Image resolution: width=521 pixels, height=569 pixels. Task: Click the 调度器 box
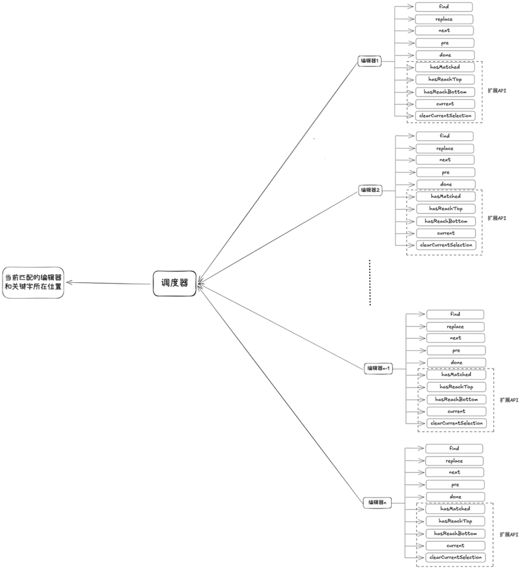pos(174,283)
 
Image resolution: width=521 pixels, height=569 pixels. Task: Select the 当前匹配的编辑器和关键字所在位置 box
pos(33,283)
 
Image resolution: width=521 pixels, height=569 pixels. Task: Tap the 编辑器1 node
pos(370,61)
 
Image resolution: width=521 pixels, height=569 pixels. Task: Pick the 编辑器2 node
pos(370,190)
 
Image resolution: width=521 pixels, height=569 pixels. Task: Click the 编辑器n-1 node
pos(378,368)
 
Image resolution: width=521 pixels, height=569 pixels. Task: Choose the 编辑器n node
pos(378,503)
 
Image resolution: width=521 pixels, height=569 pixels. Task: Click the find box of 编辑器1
pos(444,7)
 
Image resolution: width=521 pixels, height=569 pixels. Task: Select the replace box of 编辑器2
pos(445,148)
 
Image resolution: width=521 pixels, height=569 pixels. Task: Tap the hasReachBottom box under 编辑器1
pos(445,92)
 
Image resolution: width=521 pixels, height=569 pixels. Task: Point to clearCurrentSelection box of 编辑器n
pos(455,557)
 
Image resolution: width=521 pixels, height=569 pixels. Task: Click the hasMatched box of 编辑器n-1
pos(456,375)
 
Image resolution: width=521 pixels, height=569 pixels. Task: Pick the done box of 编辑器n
pos(455,497)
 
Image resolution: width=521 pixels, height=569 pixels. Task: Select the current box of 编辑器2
pos(446,234)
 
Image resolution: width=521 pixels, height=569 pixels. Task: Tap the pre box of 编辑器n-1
pos(456,350)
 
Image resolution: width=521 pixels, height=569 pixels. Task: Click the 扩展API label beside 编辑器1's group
pos(497,91)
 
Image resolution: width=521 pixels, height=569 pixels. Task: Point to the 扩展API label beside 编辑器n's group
pos(509,535)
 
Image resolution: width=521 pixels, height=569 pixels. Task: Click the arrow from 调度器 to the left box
pos(108,283)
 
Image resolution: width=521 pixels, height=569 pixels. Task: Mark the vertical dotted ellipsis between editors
pos(370,282)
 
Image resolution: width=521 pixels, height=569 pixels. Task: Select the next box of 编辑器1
pos(445,30)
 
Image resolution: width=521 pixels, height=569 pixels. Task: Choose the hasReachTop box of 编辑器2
pos(446,209)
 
